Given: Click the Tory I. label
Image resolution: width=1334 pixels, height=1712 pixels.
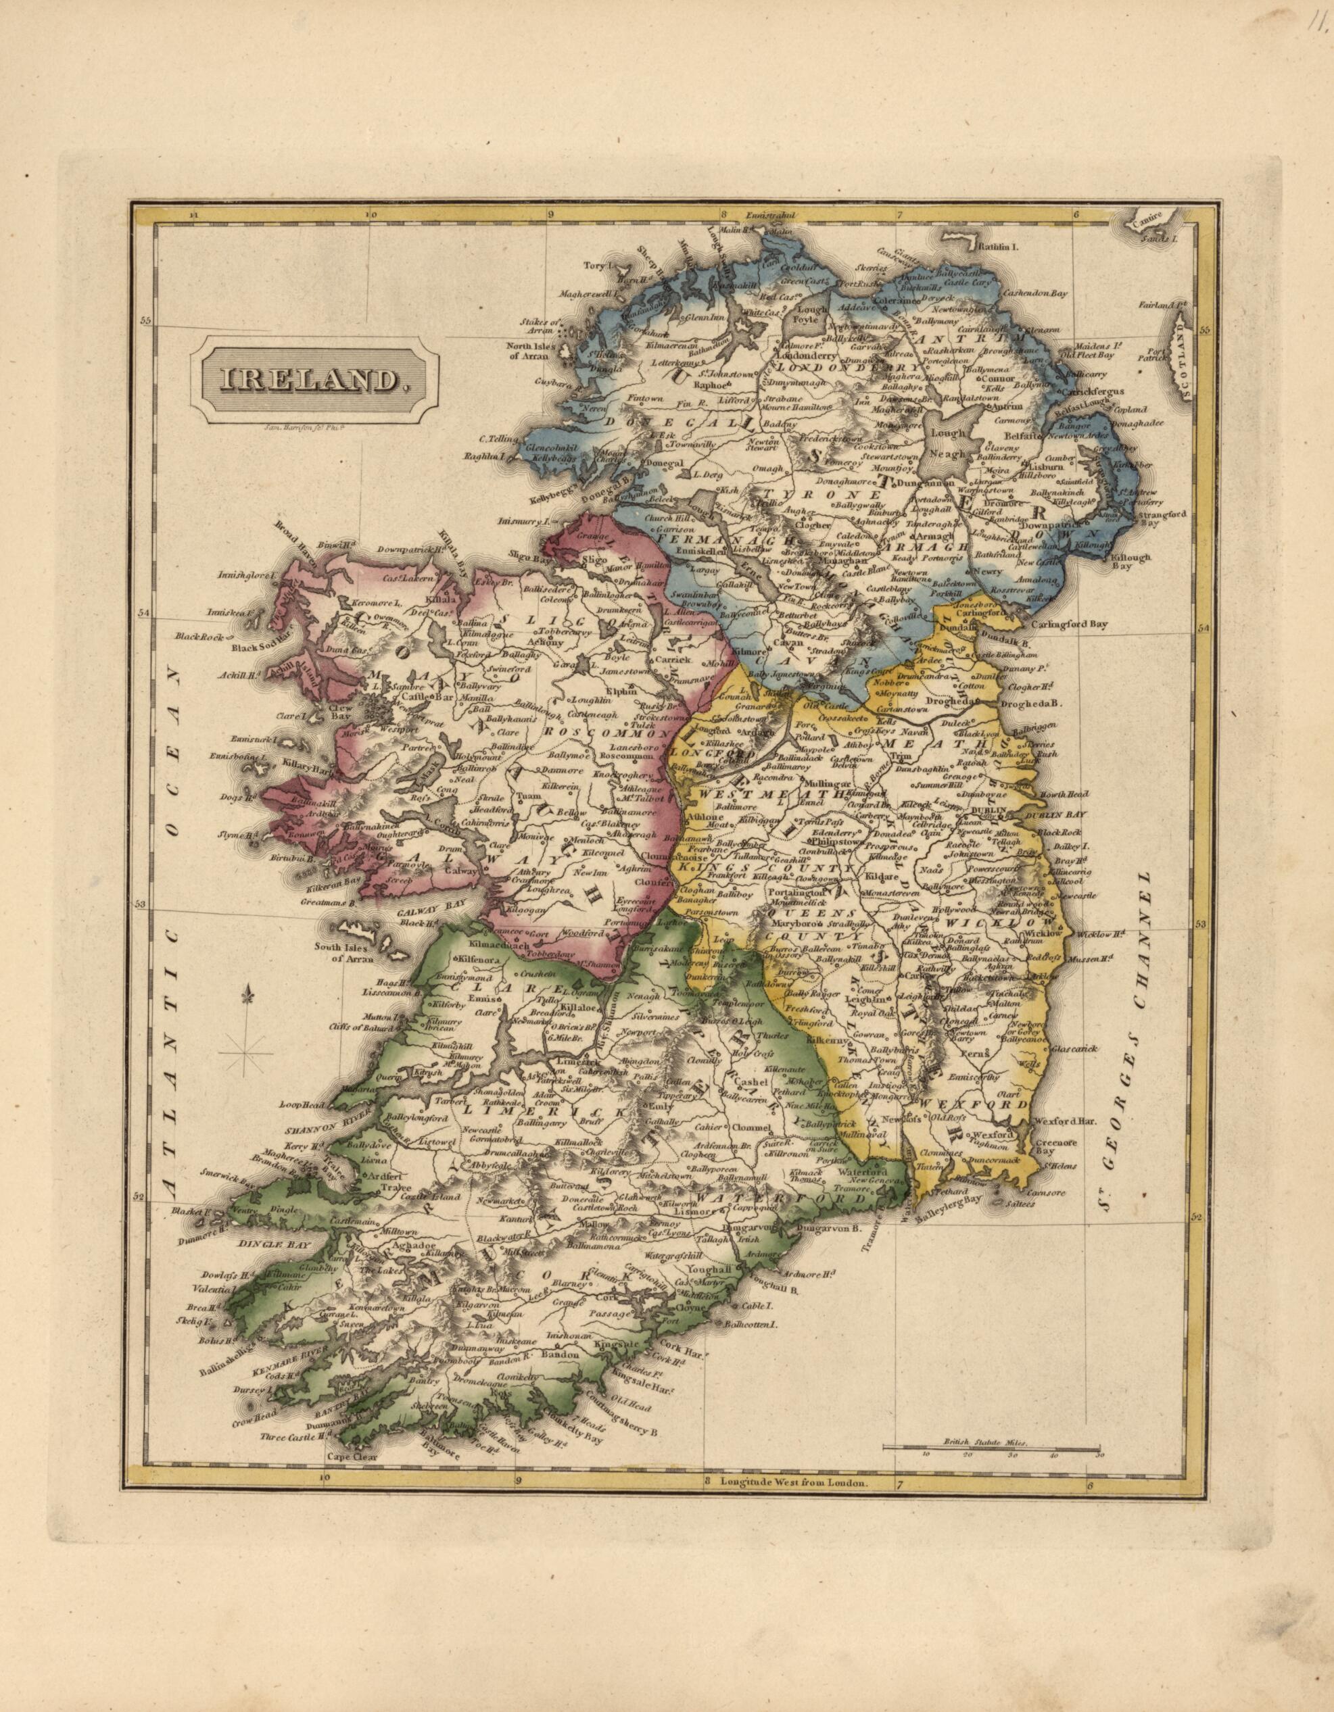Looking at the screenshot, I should [598, 266].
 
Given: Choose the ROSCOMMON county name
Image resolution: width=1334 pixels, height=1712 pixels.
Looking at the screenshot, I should [604, 732].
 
